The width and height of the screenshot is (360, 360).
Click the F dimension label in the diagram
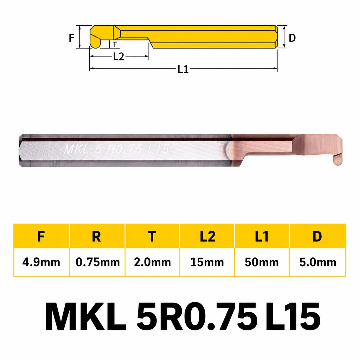(x=72, y=38)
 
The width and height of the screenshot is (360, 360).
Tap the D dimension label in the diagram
(x=292, y=38)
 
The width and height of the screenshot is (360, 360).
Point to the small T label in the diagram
(x=115, y=44)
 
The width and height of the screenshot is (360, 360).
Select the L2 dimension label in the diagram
(x=119, y=56)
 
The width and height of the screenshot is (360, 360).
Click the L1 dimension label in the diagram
(x=183, y=69)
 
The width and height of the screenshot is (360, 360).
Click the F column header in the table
(x=41, y=236)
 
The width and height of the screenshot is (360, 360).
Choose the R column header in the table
(x=96, y=236)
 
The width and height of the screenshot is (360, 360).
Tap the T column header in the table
(x=152, y=236)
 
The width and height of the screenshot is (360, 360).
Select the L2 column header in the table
(x=207, y=236)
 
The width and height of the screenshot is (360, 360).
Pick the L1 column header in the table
(x=262, y=236)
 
